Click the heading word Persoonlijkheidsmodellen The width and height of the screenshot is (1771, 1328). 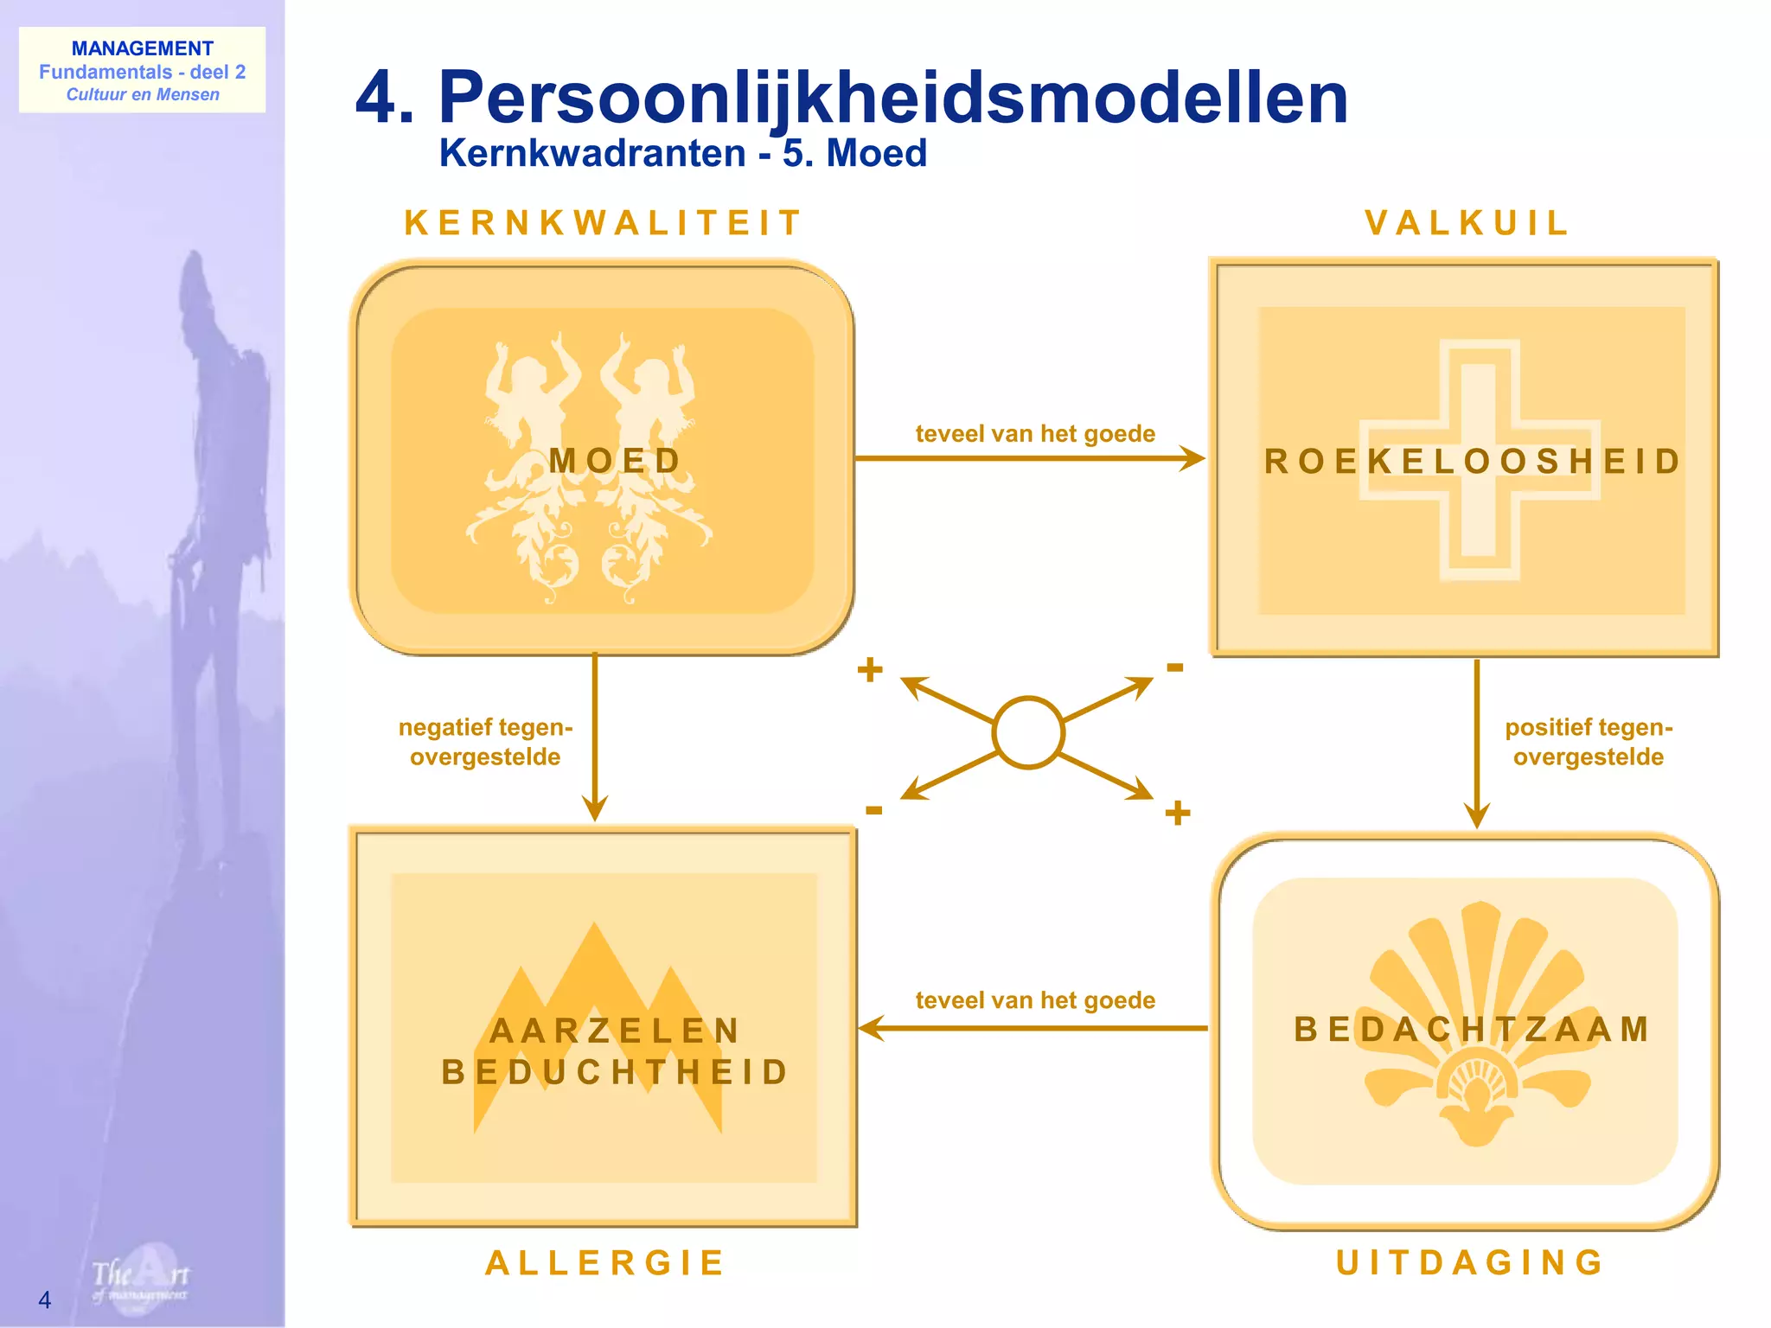coord(892,99)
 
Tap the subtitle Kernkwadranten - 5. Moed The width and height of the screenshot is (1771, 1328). coord(682,154)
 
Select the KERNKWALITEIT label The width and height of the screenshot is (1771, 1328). coord(603,223)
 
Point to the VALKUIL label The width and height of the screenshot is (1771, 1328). coord(1467,223)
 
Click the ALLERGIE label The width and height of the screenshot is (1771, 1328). coord(604,1263)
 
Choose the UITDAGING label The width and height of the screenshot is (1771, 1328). coord(1470,1263)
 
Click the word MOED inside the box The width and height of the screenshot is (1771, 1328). coord(616,461)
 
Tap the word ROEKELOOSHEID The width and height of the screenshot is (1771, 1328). coord(1473,462)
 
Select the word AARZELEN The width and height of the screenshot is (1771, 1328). coord(616,1031)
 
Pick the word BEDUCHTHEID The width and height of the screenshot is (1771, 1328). coord(616,1072)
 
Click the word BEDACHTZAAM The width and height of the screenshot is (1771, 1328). coord(1473,1030)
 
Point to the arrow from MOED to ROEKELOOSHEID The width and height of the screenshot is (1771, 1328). coord(1029,458)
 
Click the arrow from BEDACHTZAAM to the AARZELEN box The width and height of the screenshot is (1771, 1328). coord(1033,1029)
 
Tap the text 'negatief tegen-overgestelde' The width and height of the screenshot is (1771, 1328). coord(485,742)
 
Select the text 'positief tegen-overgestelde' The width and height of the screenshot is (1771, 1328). coord(1589,742)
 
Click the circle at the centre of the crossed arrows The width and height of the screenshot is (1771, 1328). coord(1028,732)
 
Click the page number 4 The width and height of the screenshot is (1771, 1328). coord(45,1299)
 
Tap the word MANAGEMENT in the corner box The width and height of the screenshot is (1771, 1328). coord(142,48)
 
